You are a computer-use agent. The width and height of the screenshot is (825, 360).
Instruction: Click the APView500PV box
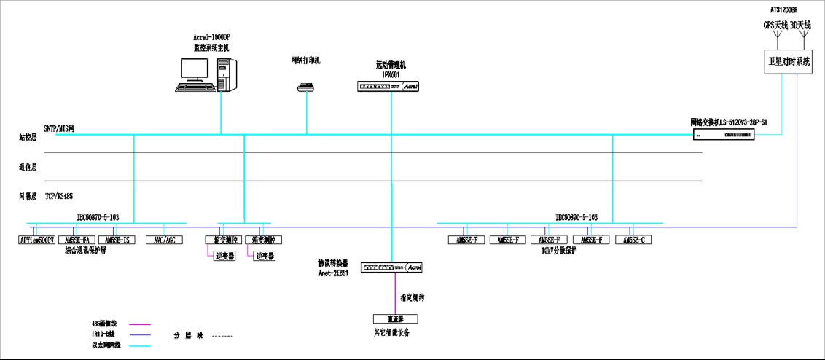point(36,240)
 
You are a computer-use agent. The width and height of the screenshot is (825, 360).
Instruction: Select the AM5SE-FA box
point(77,240)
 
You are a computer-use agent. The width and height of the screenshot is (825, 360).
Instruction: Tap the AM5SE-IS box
point(117,240)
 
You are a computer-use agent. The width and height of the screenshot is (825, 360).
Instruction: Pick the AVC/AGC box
point(164,240)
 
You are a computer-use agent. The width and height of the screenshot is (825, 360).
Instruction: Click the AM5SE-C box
point(633,240)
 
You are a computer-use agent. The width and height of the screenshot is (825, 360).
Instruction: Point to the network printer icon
point(305,87)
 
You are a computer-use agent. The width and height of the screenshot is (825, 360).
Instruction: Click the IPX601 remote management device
point(388,86)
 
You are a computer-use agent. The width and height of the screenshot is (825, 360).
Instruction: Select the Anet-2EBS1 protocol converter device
point(392,267)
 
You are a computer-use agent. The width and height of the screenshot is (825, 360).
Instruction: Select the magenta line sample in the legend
point(140,324)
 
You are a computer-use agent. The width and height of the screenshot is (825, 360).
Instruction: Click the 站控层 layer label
point(28,136)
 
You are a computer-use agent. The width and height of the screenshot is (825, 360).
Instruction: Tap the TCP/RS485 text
point(59,196)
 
